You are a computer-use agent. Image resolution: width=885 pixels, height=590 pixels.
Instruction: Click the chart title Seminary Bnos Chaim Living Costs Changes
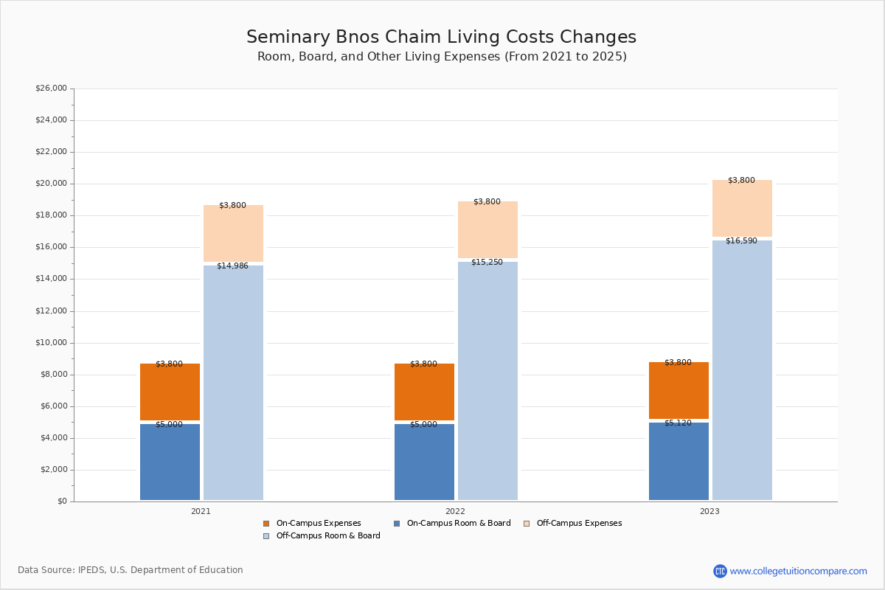(x=441, y=37)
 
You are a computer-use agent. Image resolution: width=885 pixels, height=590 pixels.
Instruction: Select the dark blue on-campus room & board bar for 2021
(x=170, y=462)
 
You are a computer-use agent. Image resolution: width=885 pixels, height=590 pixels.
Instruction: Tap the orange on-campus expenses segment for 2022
(x=424, y=392)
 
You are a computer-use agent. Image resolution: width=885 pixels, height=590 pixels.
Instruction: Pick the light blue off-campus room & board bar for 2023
(x=742, y=370)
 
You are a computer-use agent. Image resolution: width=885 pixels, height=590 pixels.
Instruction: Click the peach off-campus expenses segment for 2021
(x=233, y=233)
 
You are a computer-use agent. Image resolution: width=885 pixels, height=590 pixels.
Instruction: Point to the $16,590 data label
(x=741, y=240)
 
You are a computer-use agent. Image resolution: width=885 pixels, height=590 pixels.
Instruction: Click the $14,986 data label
(x=232, y=265)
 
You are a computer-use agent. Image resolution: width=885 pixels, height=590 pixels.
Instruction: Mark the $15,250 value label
(x=487, y=262)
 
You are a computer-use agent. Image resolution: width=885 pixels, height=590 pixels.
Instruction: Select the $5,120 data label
(x=678, y=423)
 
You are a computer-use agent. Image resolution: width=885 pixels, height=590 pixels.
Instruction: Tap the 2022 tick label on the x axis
(x=455, y=511)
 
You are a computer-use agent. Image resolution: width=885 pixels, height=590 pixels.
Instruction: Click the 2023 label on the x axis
(x=709, y=511)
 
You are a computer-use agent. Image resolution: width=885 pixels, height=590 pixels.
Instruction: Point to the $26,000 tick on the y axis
(x=51, y=88)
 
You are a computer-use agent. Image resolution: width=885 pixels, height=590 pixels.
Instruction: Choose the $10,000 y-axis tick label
(x=51, y=343)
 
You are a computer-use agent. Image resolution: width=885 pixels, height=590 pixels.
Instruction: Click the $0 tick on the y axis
(x=62, y=502)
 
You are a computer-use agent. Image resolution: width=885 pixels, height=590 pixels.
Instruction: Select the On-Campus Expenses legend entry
(x=312, y=523)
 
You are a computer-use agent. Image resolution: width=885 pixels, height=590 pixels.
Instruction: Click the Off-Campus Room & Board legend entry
(x=322, y=536)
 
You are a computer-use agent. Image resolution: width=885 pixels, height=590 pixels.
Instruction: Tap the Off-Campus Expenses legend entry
(x=572, y=523)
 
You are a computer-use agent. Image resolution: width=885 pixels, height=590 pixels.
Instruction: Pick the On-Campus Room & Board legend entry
(x=452, y=523)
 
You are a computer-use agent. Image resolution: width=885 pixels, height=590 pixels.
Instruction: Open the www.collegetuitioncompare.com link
(x=798, y=571)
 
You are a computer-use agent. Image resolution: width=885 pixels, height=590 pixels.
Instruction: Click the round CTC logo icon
(x=720, y=571)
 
